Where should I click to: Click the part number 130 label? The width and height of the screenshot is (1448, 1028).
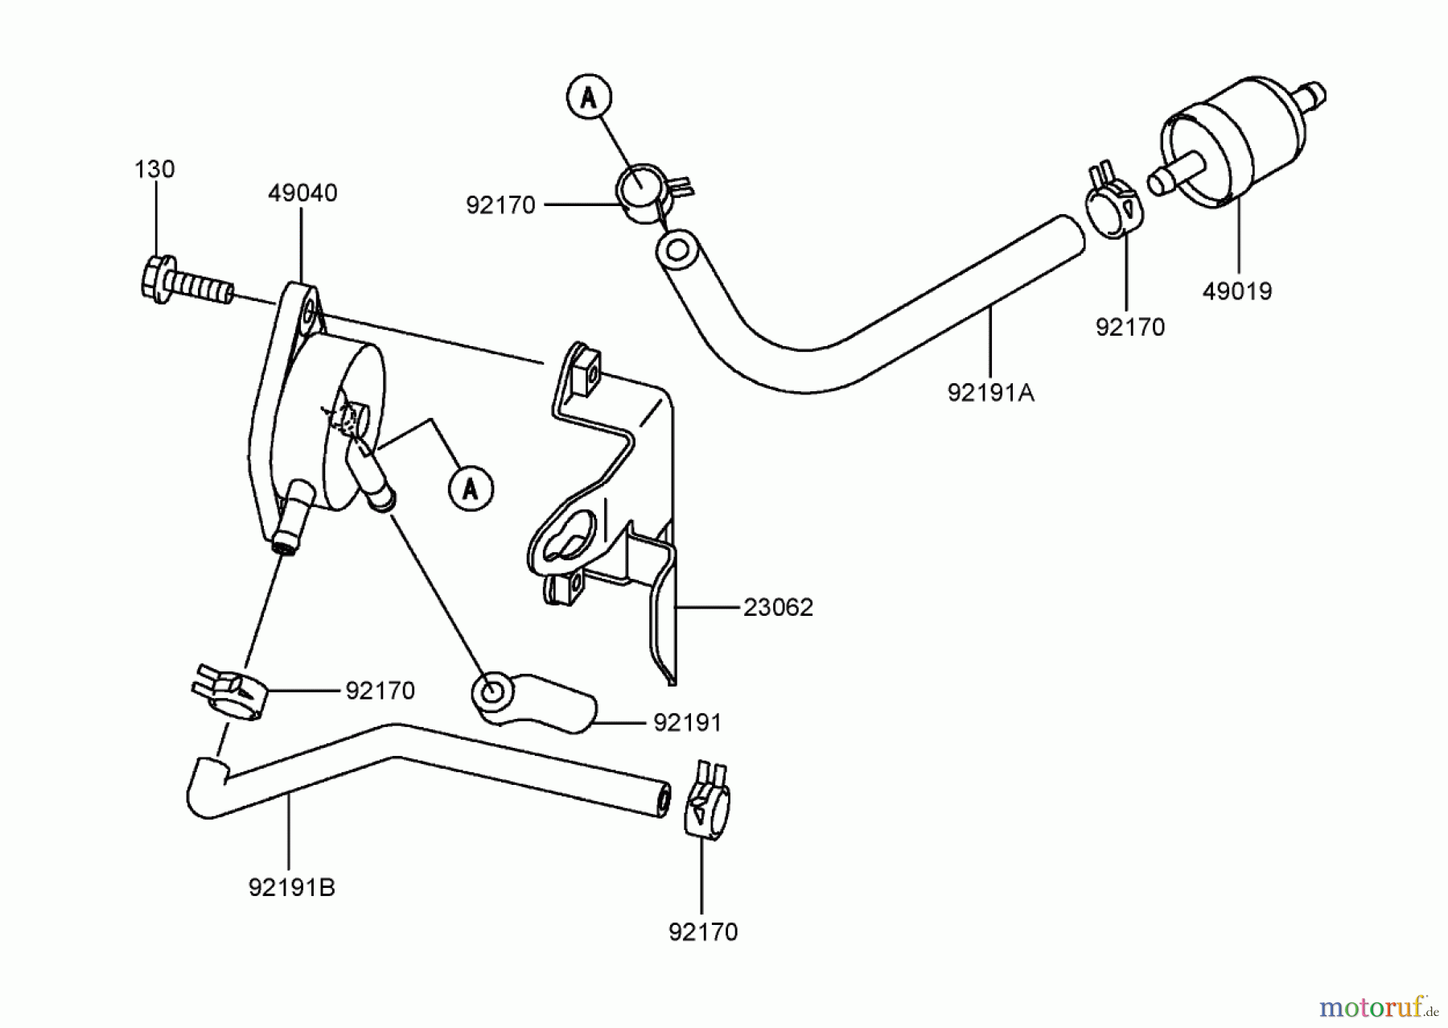[154, 169]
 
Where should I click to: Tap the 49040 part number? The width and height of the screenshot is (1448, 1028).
[302, 193]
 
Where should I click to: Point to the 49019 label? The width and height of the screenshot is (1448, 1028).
[1237, 291]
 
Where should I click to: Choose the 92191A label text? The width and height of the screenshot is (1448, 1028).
[991, 393]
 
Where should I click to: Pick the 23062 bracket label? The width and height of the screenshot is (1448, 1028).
[778, 608]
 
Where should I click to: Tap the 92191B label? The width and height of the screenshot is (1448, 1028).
[291, 888]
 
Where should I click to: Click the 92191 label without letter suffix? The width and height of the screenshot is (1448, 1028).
[687, 723]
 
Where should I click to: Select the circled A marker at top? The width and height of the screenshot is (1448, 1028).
[589, 97]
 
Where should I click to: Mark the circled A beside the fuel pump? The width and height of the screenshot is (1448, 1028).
[471, 488]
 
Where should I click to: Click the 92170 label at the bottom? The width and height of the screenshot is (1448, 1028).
[702, 932]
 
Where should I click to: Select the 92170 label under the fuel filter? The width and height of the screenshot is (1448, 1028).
[1129, 328]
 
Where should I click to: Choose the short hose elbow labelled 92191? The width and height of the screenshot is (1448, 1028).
[531, 702]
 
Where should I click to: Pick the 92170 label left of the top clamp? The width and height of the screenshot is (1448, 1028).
[500, 206]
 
